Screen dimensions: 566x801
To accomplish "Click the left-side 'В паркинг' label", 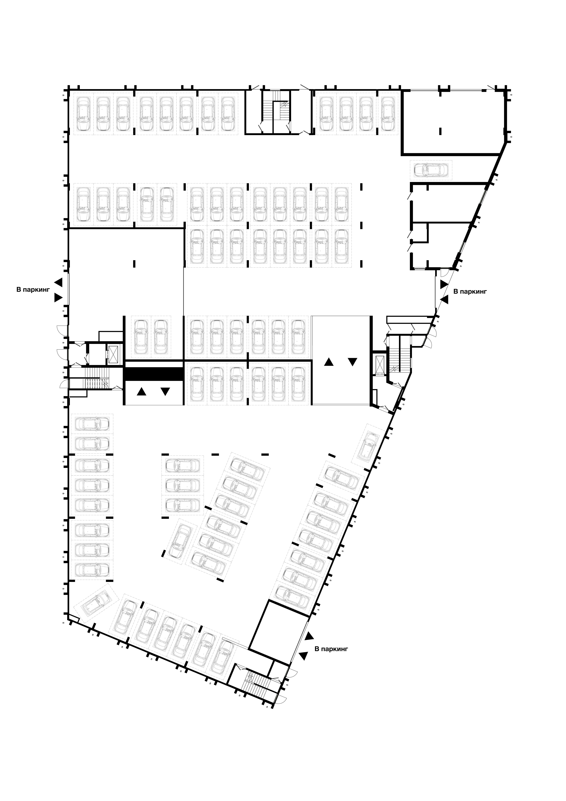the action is (33, 290).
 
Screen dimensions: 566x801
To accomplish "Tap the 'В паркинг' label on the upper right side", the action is (470, 291).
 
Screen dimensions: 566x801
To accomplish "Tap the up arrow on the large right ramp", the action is (329, 362).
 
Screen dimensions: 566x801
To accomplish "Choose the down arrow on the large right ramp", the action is (352, 362).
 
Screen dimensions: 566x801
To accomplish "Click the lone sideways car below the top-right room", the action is (431, 170).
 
